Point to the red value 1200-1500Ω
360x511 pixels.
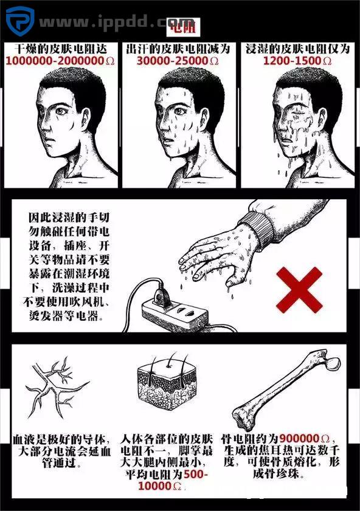[x=297, y=61]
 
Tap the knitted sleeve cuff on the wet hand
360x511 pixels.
[x=258, y=224]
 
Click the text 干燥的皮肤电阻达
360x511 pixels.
[x=60, y=48]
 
